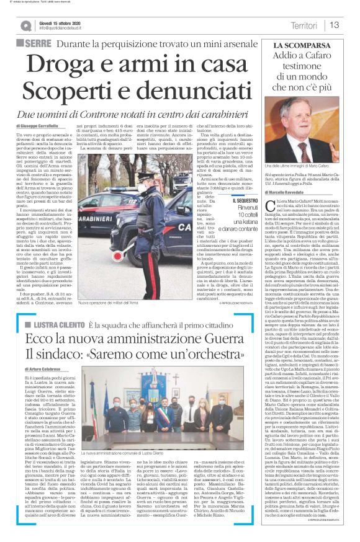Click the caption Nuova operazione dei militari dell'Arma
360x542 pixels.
(x=108, y=303)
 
